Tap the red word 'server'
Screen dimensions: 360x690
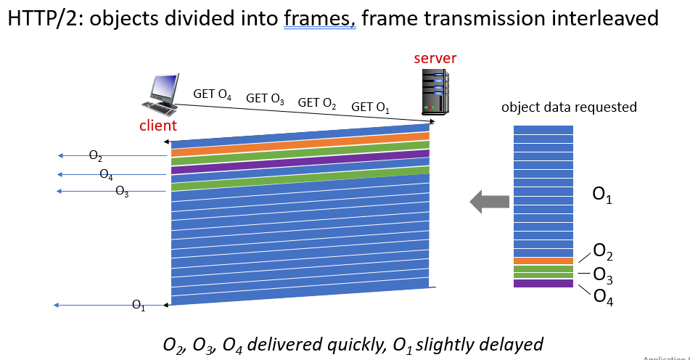point(435,58)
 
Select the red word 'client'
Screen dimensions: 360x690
point(158,126)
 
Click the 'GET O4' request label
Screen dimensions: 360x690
point(212,94)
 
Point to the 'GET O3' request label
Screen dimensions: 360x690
point(265,99)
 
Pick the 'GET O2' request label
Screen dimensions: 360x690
point(317,103)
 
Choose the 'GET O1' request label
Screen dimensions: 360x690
point(370,107)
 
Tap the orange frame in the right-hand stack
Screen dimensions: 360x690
point(543,261)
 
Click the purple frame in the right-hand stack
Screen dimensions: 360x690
point(543,283)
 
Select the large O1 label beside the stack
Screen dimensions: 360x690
point(603,196)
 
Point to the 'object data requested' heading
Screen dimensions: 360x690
point(569,107)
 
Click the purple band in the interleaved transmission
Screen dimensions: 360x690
point(300,161)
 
